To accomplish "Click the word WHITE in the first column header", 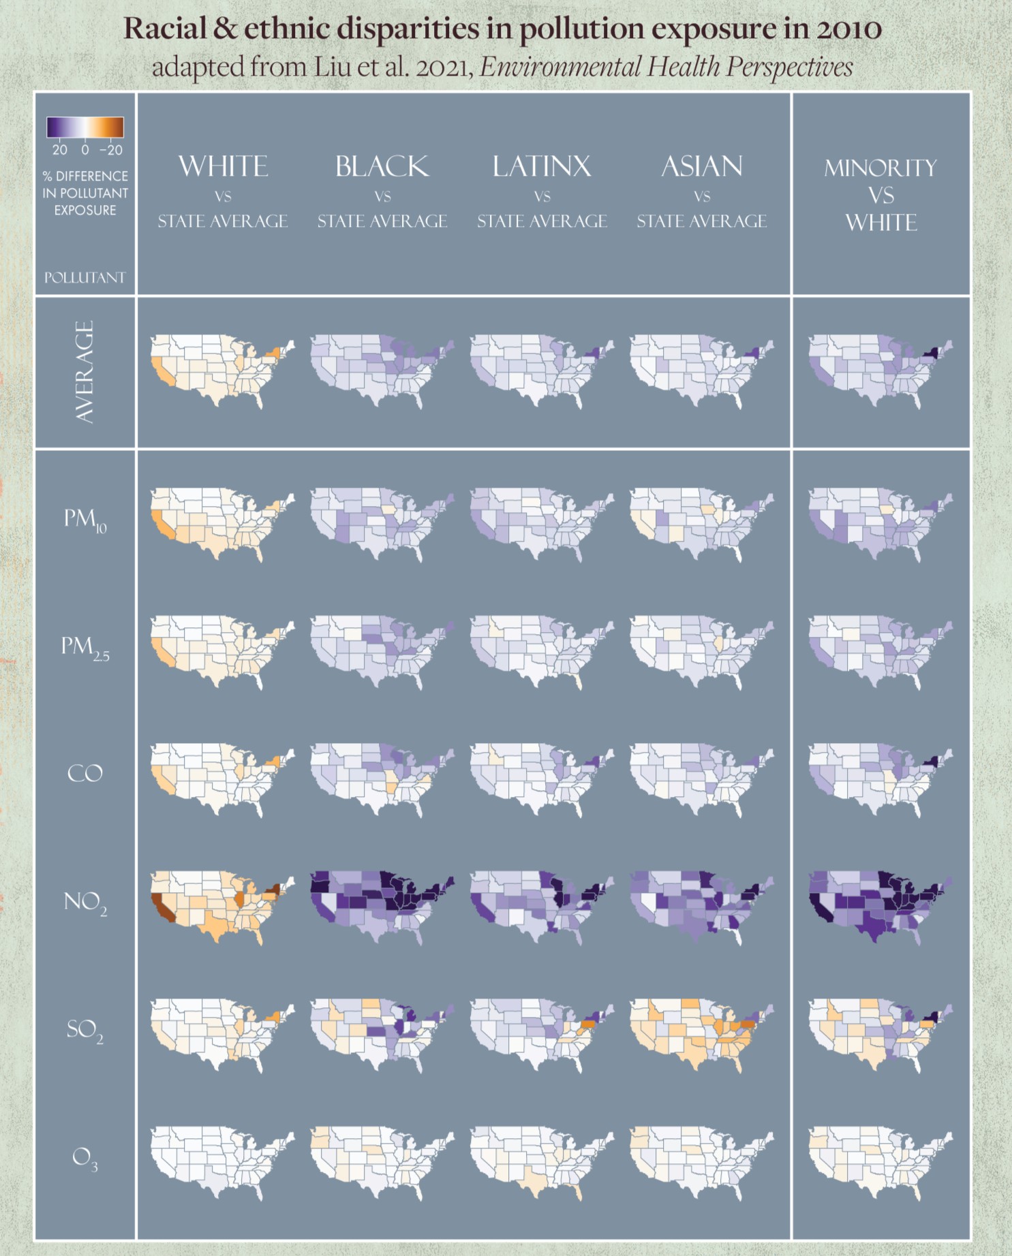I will (x=223, y=167).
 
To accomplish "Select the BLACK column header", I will (x=382, y=167).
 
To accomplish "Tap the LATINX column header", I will (x=542, y=167).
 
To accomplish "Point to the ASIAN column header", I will (x=702, y=167).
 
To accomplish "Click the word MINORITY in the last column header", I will (x=880, y=168).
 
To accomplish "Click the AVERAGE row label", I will (x=85, y=372).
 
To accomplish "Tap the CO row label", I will (x=85, y=774).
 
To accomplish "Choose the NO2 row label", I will (x=85, y=902).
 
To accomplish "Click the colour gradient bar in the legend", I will (x=85, y=127).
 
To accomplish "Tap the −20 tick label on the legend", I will (x=111, y=150).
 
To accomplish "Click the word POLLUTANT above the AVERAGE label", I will (x=85, y=278).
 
